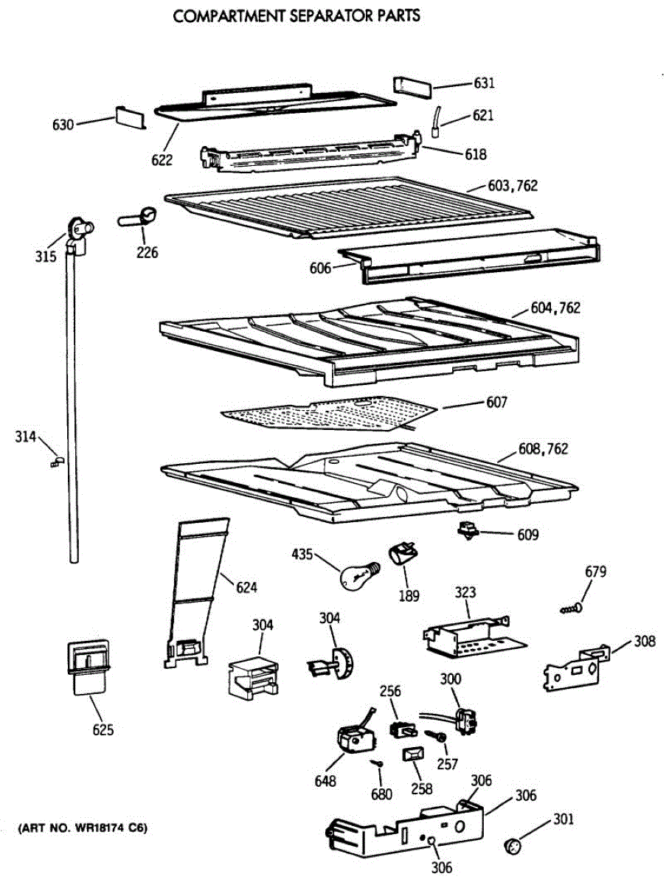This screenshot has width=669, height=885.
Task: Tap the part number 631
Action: (x=484, y=83)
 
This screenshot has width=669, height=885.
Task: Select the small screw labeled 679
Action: (x=571, y=609)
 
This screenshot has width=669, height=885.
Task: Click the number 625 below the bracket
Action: (x=103, y=730)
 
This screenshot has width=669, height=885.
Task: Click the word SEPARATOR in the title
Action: (x=322, y=15)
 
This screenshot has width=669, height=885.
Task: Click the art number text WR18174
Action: (x=103, y=828)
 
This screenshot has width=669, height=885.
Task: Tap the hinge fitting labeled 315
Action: (x=78, y=234)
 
